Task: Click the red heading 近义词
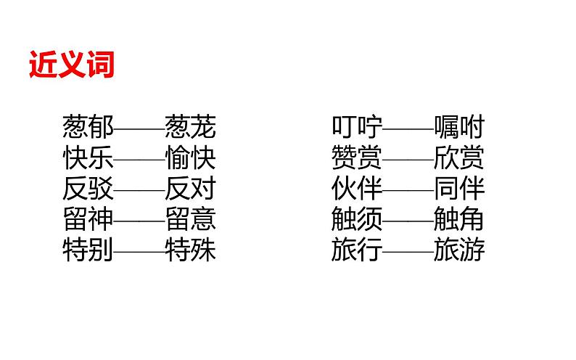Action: [72, 65]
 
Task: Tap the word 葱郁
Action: [89, 128]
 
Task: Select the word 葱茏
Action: [191, 128]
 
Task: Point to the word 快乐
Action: [89, 158]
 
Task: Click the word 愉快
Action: [191, 158]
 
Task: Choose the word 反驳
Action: [89, 189]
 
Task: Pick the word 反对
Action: [191, 189]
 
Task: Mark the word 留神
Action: [89, 219]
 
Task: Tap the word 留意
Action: [191, 219]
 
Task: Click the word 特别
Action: [89, 250]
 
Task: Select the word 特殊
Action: [191, 250]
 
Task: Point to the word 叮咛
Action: [357, 128]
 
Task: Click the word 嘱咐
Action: [459, 128]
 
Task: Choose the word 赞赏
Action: [357, 158]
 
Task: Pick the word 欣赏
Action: [459, 158]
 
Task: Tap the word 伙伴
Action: [357, 189]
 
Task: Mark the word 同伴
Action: [459, 189]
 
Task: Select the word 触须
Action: [357, 219]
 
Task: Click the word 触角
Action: [459, 219]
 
